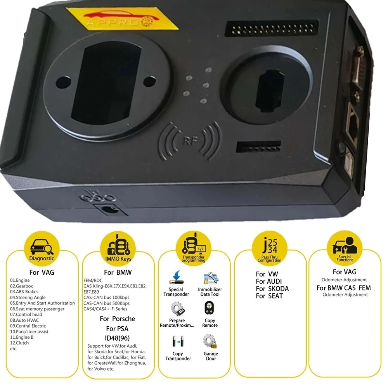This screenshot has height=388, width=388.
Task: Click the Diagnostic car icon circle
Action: (x=42, y=247)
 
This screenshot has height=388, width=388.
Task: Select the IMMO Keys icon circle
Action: (x=118, y=247)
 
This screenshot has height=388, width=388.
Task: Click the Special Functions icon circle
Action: (x=345, y=247)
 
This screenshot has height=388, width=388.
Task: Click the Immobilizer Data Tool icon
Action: (x=210, y=279)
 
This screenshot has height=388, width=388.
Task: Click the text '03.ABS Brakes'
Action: (x=24, y=291)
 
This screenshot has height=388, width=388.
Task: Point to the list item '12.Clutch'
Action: (x=19, y=343)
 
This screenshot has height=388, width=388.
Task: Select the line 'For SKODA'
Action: (x=272, y=289)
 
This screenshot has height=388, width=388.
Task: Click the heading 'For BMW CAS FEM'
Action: (x=343, y=288)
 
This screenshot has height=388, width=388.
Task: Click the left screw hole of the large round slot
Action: (x=60, y=82)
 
